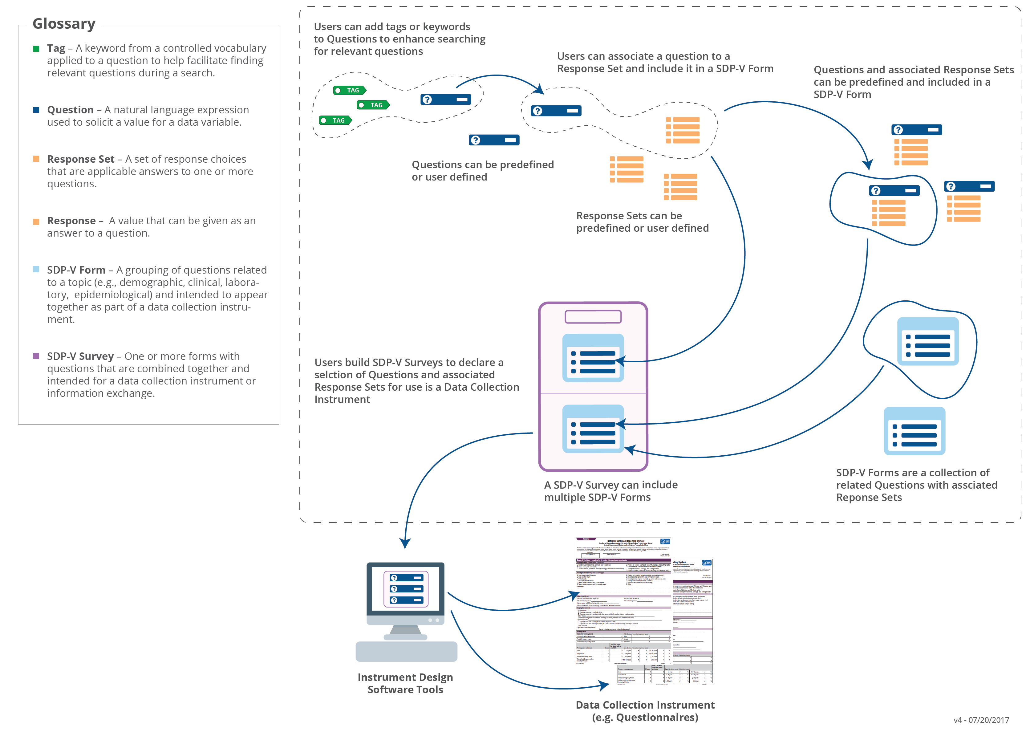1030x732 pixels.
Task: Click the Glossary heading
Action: [x=64, y=23]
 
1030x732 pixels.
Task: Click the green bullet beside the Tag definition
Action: [x=36, y=49]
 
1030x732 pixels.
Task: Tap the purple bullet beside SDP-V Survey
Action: [x=36, y=356]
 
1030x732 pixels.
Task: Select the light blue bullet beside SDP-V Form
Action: [x=36, y=270]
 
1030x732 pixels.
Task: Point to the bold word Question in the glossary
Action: [x=70, y=110]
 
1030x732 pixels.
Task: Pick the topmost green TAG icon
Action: [x=350, y=91]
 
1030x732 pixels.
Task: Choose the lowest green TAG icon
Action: [x=335, y=120]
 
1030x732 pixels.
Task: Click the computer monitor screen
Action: [x=406, y=589]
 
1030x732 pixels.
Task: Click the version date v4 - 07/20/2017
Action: [x=981, y=720]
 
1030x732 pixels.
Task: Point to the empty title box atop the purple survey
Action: [x=593, y=317]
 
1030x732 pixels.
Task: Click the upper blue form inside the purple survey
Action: [x=593, y=358]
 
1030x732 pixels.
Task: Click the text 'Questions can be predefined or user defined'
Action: [x=483, y=171]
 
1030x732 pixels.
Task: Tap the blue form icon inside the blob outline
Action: [x=928, y=341]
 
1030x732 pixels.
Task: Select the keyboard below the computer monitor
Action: [x=406, y=651]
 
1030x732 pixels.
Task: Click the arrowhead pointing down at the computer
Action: [x=405, y=543]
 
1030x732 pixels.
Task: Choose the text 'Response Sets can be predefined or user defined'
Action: [x=642, y=222]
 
